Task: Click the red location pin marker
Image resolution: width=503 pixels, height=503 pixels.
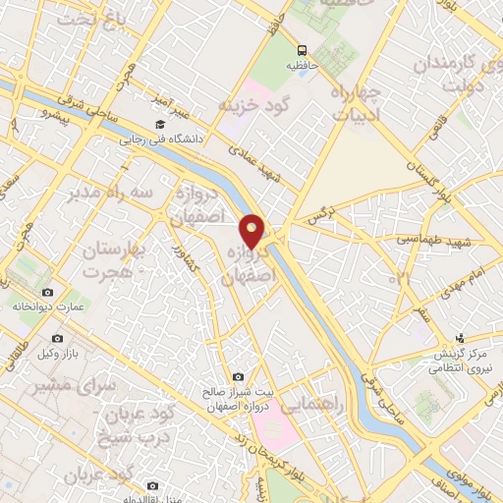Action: pyautogui.click(x=252, y=231)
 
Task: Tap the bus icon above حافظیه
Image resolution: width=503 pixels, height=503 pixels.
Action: pyautogui.click(x=302, y=48)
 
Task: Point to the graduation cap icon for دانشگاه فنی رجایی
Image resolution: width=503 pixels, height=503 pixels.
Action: pyautogui.click(x=159, y=125)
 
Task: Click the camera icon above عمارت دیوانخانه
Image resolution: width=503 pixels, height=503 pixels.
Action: pyautogui.click(x=47, y=292)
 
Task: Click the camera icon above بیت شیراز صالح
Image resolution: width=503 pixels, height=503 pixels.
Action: pyautogui.click(x=238, y=376)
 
